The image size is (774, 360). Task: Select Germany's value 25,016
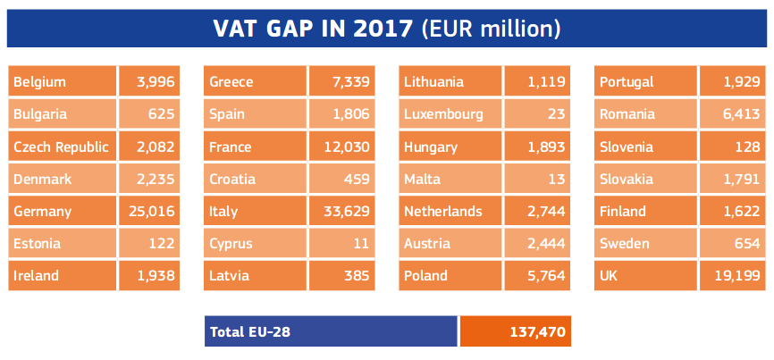point(149,212)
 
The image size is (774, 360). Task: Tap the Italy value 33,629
point(344,212)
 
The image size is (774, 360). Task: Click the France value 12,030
point(344,147)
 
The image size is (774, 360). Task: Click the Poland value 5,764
point(539,276)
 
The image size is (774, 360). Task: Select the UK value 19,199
point(734,276)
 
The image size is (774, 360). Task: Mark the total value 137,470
point(515,331)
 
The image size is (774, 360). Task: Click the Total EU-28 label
point(331,331)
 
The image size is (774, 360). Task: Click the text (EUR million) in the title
point(491,29)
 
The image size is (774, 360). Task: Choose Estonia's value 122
point(149,244)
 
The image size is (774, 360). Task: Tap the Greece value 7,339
point(344,82)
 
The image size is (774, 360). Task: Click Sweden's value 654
point(734,244)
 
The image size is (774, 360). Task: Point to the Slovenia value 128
point(734,147)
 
